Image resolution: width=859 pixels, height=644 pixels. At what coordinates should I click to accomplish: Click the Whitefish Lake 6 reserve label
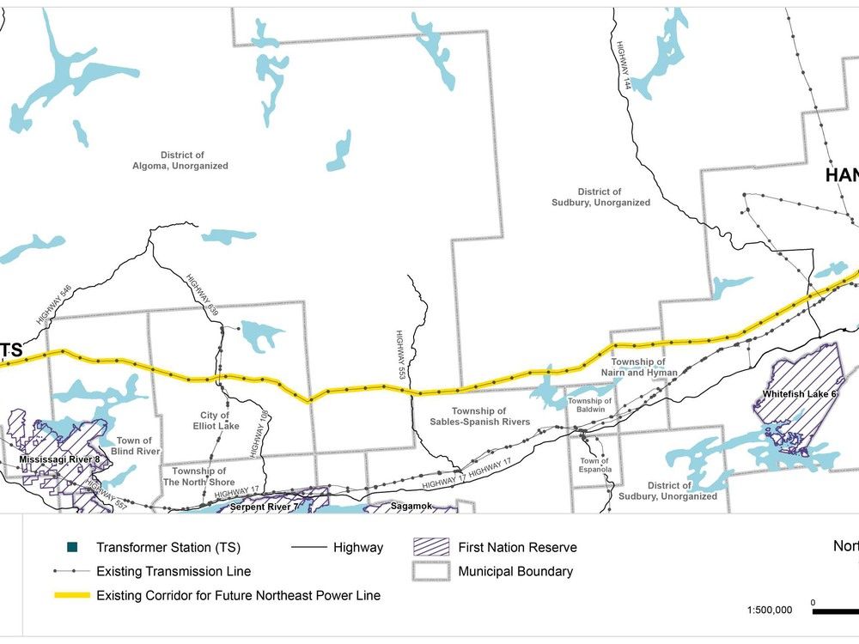pos(799,395)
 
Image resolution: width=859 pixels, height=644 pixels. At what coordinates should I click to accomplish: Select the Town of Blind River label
pos(134,447)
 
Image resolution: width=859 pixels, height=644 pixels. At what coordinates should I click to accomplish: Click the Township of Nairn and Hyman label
pos(639,368)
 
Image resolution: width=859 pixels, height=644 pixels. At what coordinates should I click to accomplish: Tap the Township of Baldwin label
pos(589,406)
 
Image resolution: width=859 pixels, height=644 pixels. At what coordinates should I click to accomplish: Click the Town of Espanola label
pos(594,466)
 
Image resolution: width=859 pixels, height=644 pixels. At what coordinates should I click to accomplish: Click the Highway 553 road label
pos(401,354)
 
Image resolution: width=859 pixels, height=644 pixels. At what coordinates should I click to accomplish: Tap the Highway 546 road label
pos(52,306)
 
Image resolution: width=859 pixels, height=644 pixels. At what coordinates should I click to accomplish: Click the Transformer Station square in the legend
pos(74,547)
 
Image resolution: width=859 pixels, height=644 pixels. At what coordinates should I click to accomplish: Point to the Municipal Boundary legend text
pos(515,571)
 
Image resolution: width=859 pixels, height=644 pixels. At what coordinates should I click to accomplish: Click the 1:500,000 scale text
pos(771,611)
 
